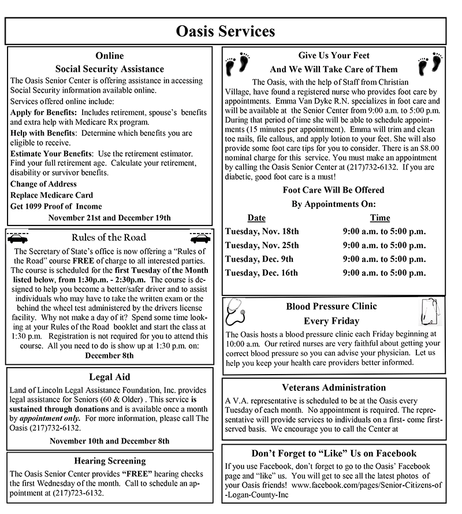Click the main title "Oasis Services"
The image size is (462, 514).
(225, 31)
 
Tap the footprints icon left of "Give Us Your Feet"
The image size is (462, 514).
(238, 64)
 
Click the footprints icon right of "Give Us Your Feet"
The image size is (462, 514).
(430, 64)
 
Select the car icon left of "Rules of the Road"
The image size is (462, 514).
(18, 237)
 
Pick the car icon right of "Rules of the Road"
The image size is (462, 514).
(200, 237)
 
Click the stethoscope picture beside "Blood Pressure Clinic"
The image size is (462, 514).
(237, 313)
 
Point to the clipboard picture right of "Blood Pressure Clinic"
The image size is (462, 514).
(430, 313)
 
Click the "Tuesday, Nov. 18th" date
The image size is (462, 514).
(262, 231)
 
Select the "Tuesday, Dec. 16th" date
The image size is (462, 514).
(261, 272)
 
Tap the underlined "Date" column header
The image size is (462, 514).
(256, 218)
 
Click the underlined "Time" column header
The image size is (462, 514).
(380, 218)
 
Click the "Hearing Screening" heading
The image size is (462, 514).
(110, 461)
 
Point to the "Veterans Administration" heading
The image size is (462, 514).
(334, 387)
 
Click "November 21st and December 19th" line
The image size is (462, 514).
(110, 217)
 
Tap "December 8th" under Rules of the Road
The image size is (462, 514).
(110, 356)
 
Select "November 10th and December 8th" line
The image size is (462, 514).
(110, 441)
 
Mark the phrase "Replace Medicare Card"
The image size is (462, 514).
(51, 195)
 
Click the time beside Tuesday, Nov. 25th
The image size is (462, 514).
(384, 245)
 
